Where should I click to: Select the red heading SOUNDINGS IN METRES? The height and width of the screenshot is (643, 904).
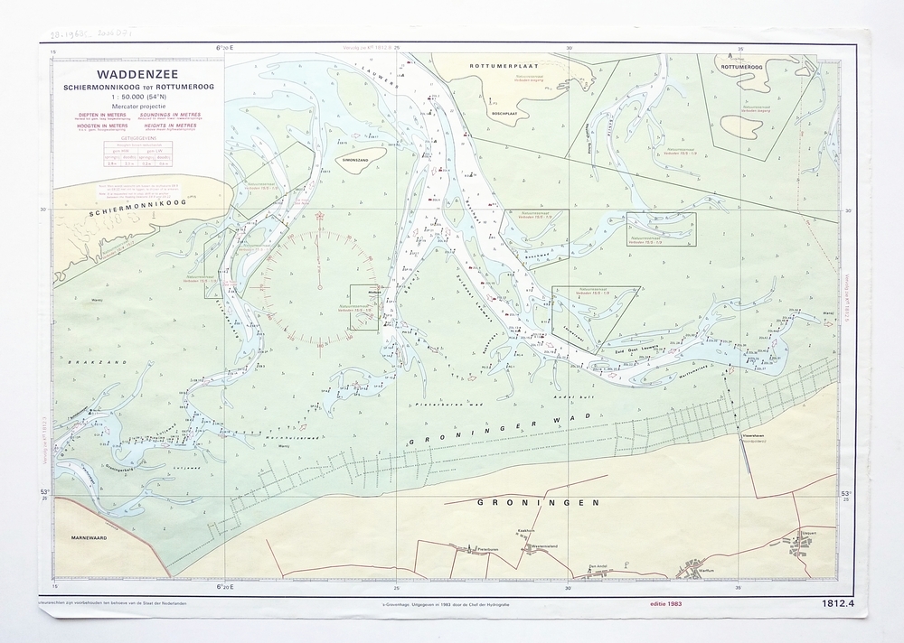tap(171, 116)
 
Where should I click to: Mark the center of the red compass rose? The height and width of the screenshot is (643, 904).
tap(319, 287)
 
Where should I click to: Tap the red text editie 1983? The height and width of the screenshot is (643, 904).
tap(668, 603)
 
